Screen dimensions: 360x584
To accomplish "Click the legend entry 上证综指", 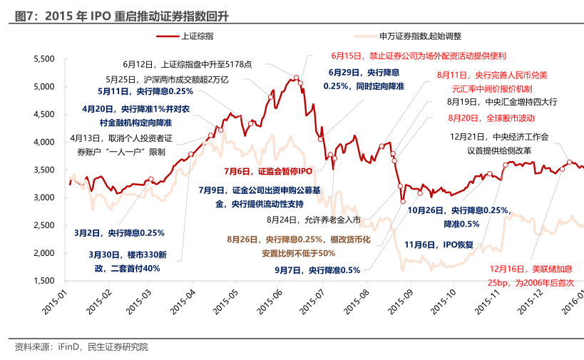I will coord(195,35).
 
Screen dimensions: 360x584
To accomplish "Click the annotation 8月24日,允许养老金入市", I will coord(314,220).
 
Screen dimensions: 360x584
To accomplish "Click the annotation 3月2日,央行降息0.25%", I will coord(119,232).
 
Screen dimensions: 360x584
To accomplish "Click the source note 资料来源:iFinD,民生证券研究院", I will coord(81,347).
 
